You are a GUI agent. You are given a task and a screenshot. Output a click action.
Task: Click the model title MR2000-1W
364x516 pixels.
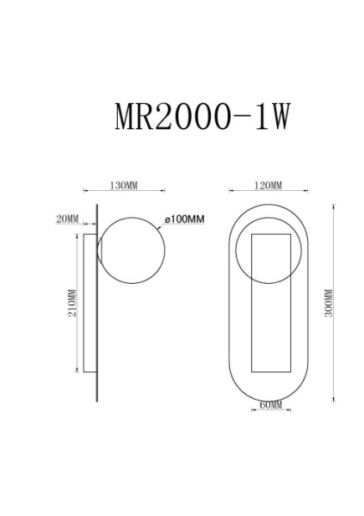pyautogui.click(x=202, y=117)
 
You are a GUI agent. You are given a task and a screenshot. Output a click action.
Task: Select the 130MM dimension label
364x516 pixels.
pyautogui.click(x=124, y=186)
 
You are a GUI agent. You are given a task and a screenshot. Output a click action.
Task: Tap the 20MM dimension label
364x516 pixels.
pyautogui.click(x=67, y=218)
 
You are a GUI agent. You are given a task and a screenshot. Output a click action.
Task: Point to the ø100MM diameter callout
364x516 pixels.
pyautogui.click(x=184, y=218)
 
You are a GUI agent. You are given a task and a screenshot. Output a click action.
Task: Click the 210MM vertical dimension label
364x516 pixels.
pyautogui.click(x=71, y=303)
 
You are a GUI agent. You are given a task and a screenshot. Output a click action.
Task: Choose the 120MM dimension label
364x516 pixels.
pyautogui.click(x=268, y=186)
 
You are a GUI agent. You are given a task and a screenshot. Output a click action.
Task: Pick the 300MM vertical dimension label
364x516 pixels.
pyautogui.click(x=329, y=303)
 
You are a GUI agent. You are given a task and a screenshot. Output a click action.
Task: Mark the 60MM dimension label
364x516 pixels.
pyautogui.click(x=271, y=404)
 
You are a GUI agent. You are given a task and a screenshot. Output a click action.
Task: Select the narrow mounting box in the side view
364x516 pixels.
pyautogui.click(x=83, y=303)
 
